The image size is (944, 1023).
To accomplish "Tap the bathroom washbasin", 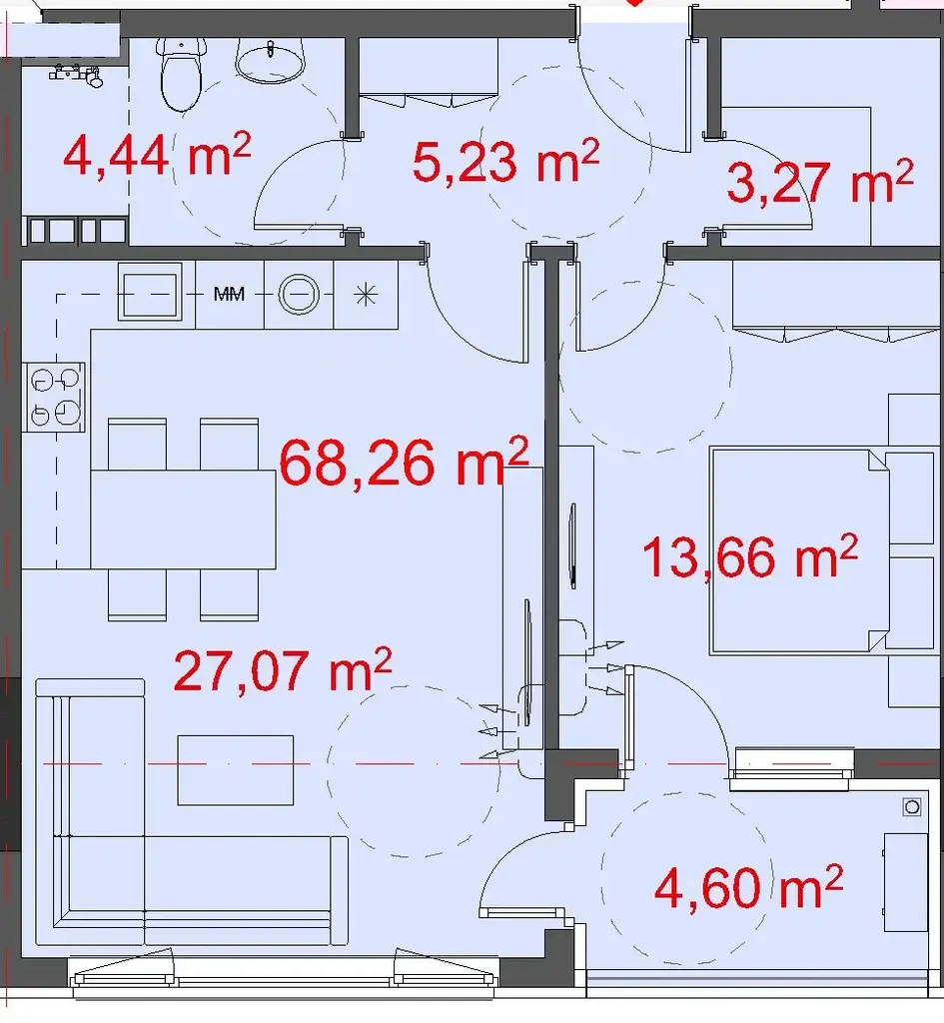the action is point(270,60).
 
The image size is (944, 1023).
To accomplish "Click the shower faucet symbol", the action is point(77,74).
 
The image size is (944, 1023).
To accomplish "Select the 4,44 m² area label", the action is point(157,154).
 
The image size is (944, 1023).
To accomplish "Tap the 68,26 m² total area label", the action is point(404,461).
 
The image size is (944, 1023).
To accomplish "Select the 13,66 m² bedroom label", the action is point(750,555).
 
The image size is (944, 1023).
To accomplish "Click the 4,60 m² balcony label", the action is point(748,887).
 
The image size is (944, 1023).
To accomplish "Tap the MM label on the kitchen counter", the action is point(229,295).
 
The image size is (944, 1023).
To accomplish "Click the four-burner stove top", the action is point(54,397).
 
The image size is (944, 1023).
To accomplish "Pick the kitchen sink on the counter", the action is point(150,291).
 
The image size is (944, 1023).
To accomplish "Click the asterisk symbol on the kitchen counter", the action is point(366,295).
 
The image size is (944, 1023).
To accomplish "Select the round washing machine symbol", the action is point(299,295).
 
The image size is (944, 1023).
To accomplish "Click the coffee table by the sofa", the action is point(236,770).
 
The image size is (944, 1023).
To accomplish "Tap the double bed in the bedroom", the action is point(800,550).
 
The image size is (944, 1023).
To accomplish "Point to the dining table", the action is point(183,518).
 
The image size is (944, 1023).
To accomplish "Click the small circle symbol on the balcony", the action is point(912,807).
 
